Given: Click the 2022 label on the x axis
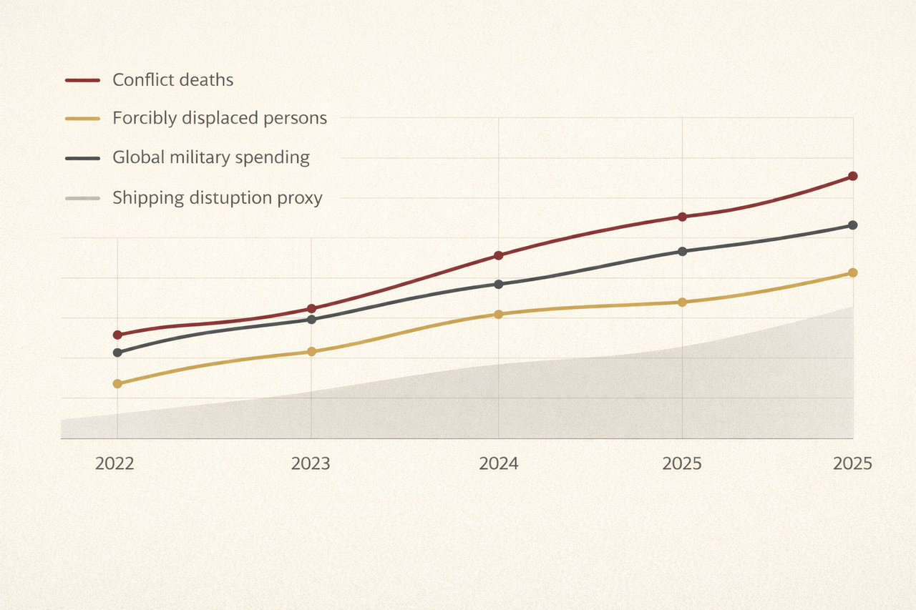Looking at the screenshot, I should point(114,464).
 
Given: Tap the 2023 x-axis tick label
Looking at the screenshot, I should point(311,464).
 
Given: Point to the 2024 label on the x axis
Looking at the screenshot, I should point(498,464).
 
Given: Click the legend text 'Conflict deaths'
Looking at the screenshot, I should point(172,79).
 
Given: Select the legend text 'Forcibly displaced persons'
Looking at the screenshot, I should point(220,118).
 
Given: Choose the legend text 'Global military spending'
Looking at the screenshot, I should point(211,157).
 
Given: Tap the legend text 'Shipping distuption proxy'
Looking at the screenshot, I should point(218,197).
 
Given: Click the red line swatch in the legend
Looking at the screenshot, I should point(82,80).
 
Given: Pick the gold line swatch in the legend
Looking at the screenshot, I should point(82,119).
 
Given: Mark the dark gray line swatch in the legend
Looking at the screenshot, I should point(82,158).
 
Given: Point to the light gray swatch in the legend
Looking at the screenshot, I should point(82,198).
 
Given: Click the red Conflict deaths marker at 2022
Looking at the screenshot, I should point(117,335).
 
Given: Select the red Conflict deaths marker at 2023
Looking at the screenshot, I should point(311,309).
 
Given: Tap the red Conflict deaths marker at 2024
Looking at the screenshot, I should point(499,255).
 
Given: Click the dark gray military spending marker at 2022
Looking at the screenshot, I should point(117,353).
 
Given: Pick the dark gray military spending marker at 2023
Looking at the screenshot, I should point(311,319).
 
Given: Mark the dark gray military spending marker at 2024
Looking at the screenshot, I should point(499,284).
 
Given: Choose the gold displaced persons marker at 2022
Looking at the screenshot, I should point(117,384).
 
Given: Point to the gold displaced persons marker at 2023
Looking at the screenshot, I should point(311,351).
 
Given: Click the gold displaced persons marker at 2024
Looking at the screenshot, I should point(499,314).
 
